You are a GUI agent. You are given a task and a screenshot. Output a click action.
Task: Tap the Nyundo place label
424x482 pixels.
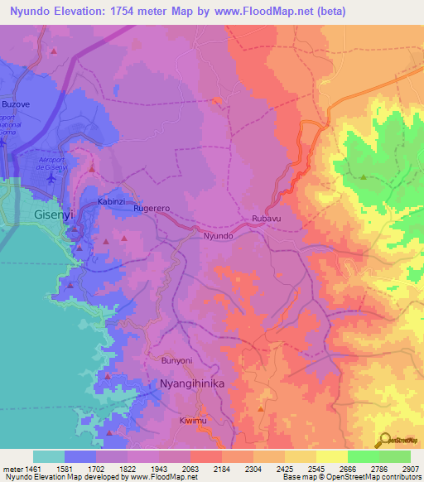point(218,236)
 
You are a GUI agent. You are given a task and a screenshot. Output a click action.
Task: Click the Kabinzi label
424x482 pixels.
point(111,201)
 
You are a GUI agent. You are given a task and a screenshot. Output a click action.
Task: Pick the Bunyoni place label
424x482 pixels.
point(176,361)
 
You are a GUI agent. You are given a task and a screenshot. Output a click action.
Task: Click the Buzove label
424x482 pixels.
point(17,105)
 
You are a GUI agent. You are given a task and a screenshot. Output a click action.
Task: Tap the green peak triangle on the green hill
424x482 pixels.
point(363,176)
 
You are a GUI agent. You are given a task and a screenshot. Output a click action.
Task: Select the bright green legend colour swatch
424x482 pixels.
point(364,456)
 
